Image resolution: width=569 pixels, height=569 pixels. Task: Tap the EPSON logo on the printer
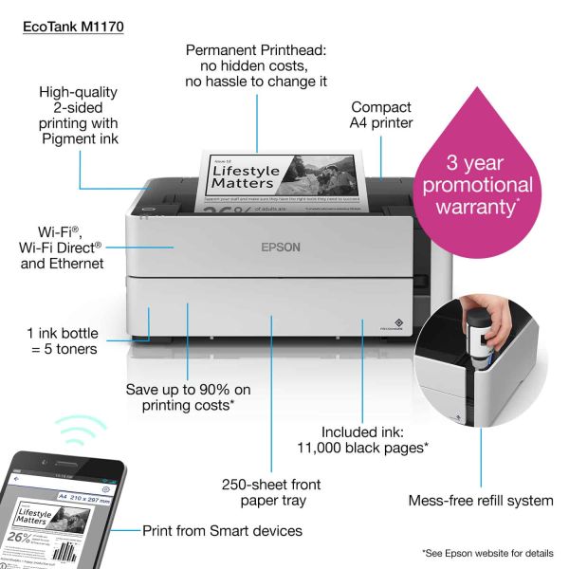[281, 248]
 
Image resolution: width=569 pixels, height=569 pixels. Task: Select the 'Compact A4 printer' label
[382, 115]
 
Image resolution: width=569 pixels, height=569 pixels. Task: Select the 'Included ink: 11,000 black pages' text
[375, 438]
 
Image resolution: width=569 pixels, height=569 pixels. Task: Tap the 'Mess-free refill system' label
[480, 500]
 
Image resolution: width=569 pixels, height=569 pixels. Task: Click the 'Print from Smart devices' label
[222, 531]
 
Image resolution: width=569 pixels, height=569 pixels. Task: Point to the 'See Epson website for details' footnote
[488, 552]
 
